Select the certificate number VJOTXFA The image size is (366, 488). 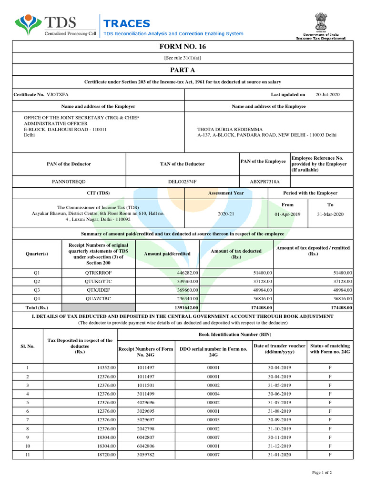tap(57, 95)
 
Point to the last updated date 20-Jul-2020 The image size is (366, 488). tap(328, 95)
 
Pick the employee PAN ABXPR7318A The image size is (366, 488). tap(264, 182)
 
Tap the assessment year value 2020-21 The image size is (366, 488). tap(226, 214)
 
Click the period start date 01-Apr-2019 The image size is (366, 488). tap(287, 214)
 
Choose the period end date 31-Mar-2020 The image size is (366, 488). tap(330, 214)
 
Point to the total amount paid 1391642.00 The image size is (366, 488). tap(184, 308)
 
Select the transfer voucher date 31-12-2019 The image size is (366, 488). tap(279, 446)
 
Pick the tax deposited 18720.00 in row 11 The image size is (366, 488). tap(106, 455)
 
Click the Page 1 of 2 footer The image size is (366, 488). tap(322, 472)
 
